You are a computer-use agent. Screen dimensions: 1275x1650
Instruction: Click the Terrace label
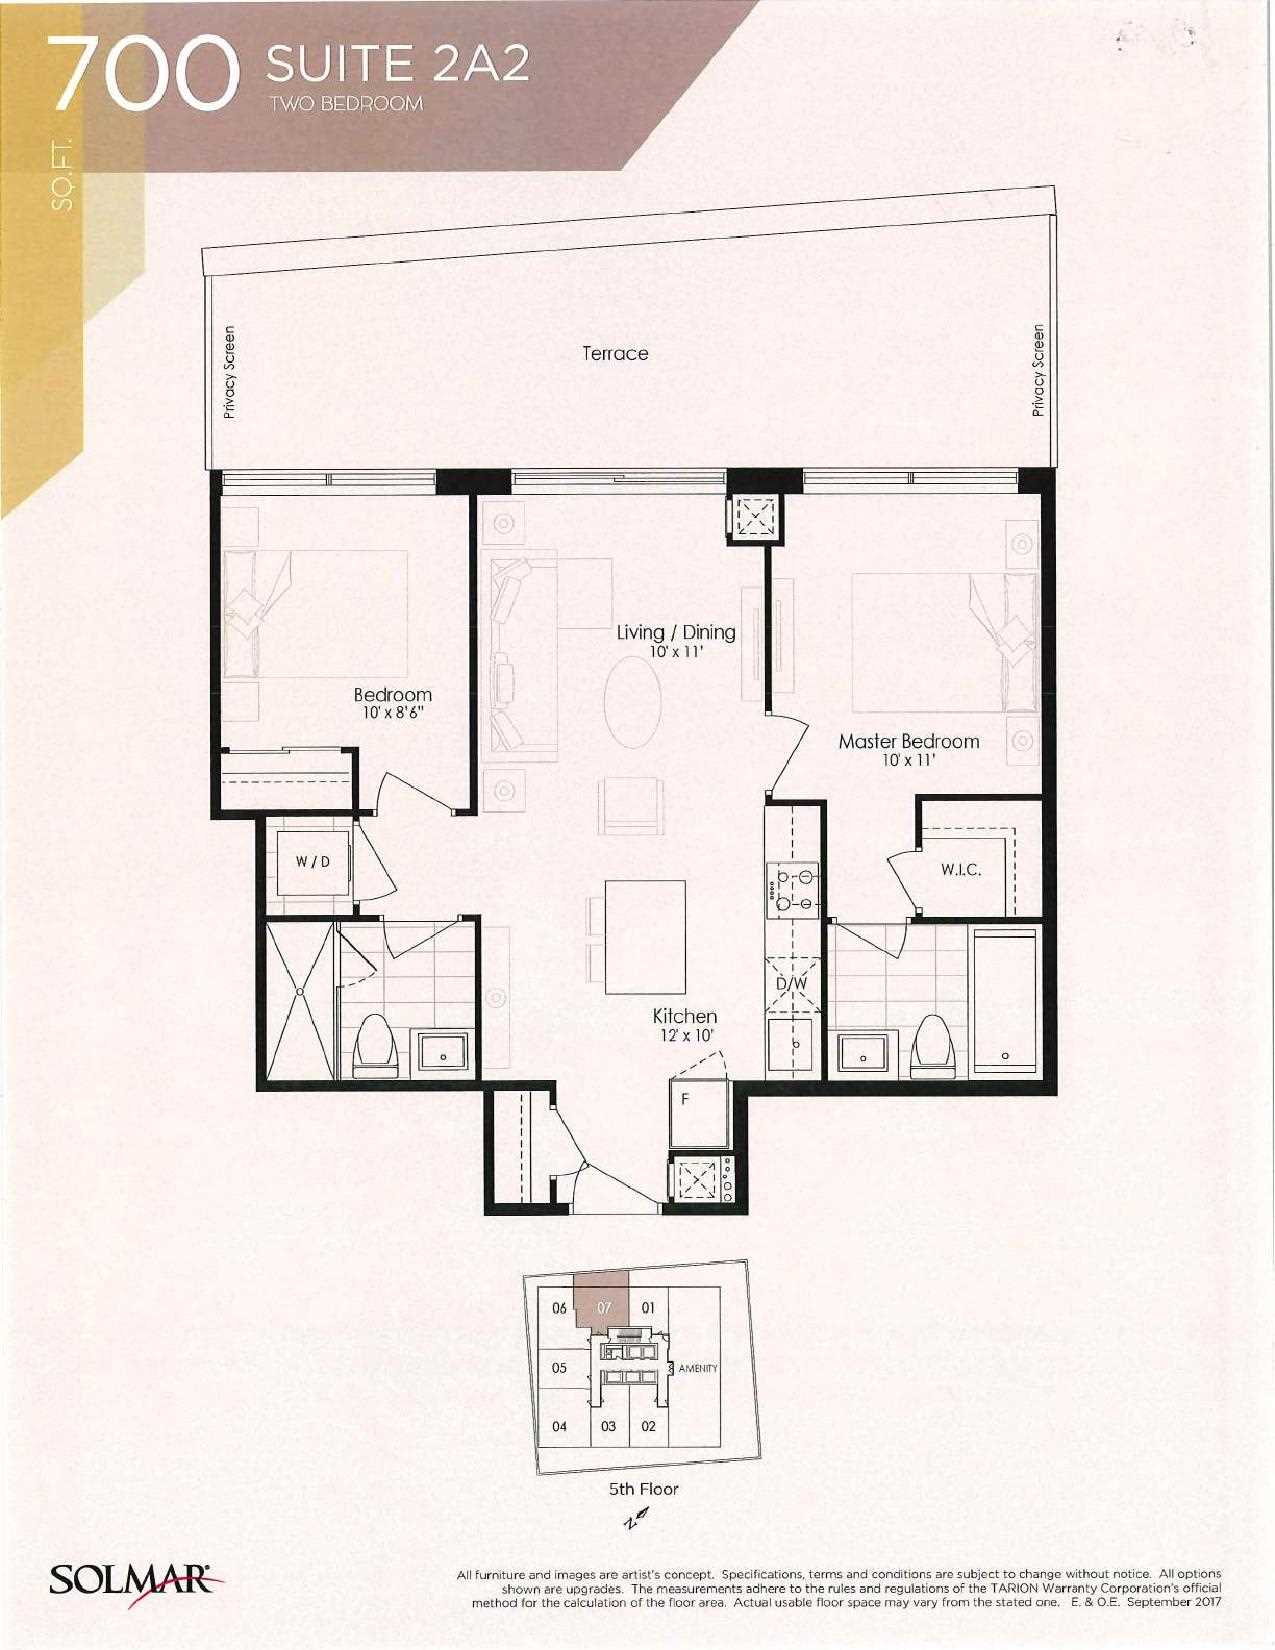click(615, 353)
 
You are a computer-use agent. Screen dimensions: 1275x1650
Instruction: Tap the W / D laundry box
click(312, 863)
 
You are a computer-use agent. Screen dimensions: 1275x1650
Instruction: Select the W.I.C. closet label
click(961, 870)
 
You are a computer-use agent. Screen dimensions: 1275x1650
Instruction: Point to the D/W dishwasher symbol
click(793, 985)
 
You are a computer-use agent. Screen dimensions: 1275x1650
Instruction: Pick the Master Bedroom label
click(908, 741)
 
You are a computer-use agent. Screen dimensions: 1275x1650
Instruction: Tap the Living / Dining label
click(676, 632)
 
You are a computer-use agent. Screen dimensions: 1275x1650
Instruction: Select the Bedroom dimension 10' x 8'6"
click(393, 713)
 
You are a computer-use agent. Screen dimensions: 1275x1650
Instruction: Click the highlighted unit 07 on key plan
click(601, 1305)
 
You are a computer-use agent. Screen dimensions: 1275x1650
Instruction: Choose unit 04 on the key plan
click(559, 1426)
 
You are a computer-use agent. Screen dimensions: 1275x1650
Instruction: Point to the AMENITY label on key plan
click(697, 1368)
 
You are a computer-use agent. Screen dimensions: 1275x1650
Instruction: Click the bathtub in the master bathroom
click(1004, 1001)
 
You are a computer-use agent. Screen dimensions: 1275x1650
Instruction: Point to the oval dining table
click(633, 701)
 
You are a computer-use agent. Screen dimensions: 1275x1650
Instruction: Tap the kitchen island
click(645, 937)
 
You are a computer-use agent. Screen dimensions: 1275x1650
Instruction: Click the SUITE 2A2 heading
click(397, 65)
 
